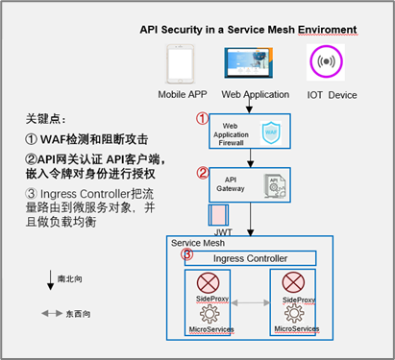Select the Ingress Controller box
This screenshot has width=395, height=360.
pyautogui.click(x=256, y=258)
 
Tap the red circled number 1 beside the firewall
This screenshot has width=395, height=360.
pyautogui.click(x=202, y=119)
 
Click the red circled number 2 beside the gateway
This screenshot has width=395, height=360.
pyautogui.click(x=202, y=174)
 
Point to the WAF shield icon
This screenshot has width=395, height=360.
pyautogui.click(x=270, y=132)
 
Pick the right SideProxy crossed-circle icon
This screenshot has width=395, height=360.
pyautogui.click(x=295, y=285)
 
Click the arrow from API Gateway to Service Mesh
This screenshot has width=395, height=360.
pyautogui.click(x=251, y=218)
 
